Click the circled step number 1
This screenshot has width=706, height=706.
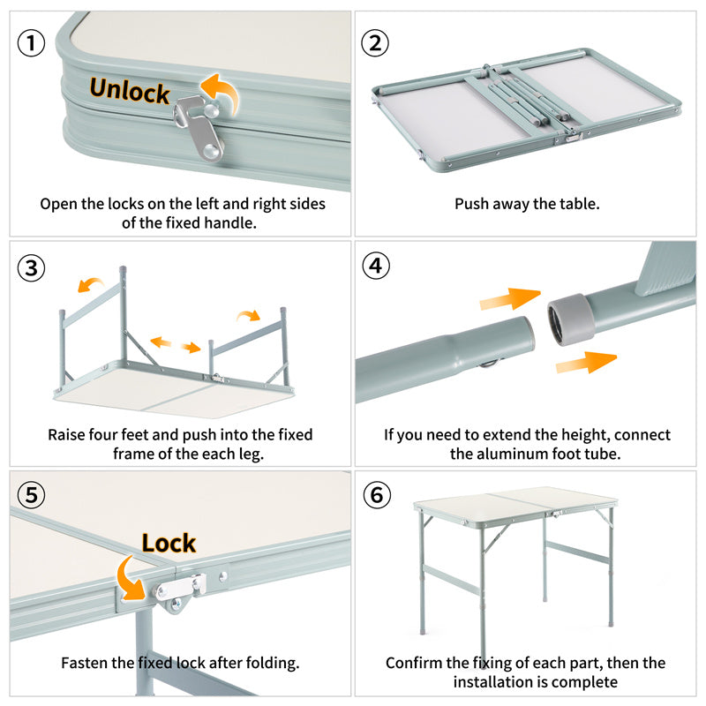tap(32, 43)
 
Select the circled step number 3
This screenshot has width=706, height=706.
tap(32, 268)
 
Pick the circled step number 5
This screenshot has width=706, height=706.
tap(32, 495)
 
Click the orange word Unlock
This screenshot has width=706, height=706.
tap(129, 90)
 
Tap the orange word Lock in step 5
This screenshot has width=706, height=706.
tap(169, 543)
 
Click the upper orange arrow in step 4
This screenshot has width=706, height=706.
tap(509, 300)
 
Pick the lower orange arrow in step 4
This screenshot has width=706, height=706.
tap(586, 360)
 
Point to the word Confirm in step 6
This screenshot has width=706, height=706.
tap(416, 663)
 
